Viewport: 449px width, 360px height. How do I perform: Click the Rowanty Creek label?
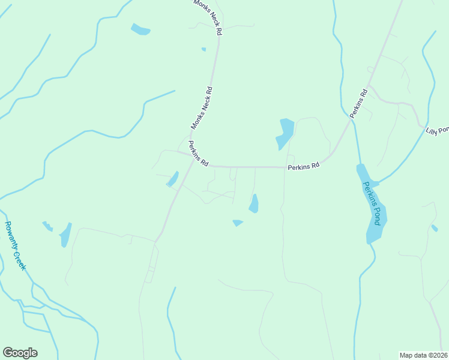pyautogui.click(x=15, y=246)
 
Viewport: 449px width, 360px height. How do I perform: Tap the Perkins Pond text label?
pyautogui.click(x=372, y=203)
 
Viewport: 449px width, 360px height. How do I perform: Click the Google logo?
pyautogui.click(x=20, y=353)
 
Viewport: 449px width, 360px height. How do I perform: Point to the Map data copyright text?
pyautogui.click(x=423, y=355)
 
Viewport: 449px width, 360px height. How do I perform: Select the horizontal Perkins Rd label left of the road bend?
pyautogui.click(x=303, y=166)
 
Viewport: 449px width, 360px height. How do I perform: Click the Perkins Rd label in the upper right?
pyautogui.click(x=359, y=103)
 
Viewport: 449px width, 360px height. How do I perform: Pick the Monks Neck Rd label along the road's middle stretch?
pyautogui.click(x=202, y=108)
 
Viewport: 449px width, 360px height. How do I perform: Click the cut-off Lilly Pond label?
pyautogui.click(x=438, y=130)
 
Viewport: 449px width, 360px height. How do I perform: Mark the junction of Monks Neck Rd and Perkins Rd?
pyautogui.click(x=193, y=160)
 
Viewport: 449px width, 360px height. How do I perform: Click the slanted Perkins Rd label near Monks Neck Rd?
pyautogui.click(x=198, y=154)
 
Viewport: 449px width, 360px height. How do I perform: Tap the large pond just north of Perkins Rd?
pyautogui.click(x=285, y=134)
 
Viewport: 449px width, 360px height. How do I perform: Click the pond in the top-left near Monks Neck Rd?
pyautogui.click(x=140, y=29)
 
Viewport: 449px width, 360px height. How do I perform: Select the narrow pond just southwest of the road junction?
pyautogui.click(x=173, y=179)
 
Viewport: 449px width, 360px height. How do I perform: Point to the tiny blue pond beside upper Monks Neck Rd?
pyautogui.click(x=204, y=49)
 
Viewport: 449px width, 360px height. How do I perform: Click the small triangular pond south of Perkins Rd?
pyautogui.click(x=238, y=223)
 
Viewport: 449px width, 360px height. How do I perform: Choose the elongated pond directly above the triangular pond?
pyautogui.click(x=254, y=204)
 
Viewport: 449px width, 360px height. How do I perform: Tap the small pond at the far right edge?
pyautogui.click(x=435, y=228)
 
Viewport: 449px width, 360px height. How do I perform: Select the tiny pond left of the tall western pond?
pyautogui.click(x=47, y=226)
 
